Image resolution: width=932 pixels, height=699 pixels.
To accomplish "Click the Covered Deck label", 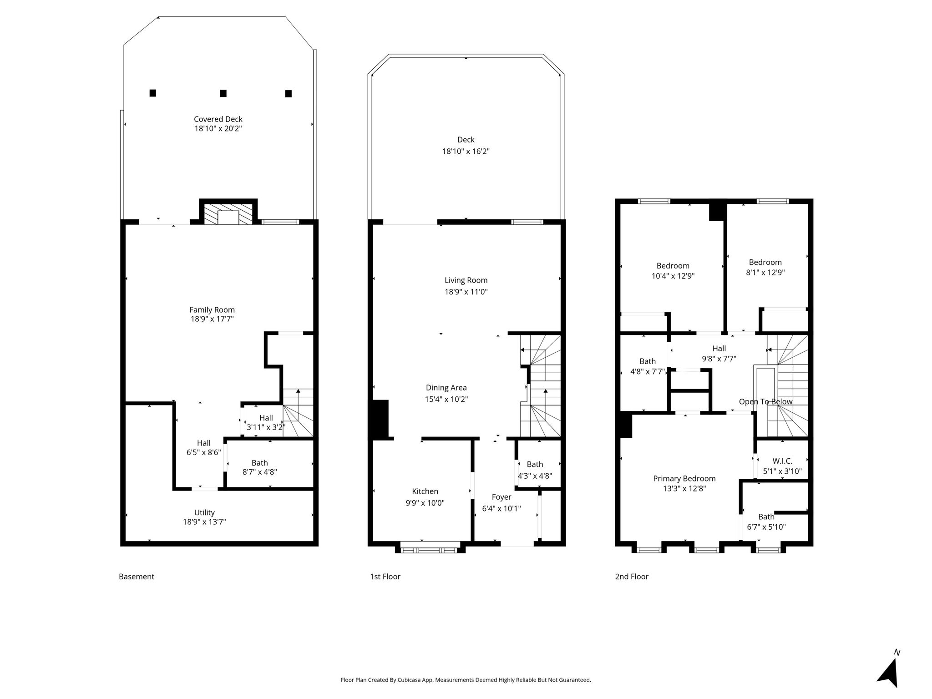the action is coord(218,119).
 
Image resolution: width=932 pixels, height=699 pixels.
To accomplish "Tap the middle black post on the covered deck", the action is coord(223,93).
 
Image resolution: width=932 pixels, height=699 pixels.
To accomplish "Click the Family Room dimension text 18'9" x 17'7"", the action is coord(212,319).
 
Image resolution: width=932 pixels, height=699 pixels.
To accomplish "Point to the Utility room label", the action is coord(204,512).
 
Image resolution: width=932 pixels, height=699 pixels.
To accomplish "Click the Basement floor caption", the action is coord(137,577).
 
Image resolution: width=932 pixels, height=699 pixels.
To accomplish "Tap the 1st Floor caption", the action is coord(385,577).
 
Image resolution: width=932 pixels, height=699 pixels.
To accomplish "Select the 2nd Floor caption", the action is coord(632,577).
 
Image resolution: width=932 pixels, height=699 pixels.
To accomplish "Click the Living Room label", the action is coord(466,280).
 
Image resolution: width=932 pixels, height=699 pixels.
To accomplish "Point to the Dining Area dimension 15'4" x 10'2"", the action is coord(446,400).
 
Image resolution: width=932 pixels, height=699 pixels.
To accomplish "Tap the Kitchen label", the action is coord(425,491).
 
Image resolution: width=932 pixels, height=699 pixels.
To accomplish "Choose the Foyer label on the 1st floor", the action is coord(501,497).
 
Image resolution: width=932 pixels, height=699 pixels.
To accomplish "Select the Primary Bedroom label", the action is coord(684,478).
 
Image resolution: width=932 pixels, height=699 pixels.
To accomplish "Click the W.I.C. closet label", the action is coord(782,461).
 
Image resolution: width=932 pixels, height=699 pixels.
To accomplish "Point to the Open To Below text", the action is coord(766,401).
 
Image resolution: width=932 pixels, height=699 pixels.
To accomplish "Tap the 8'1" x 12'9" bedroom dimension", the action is coord(765,273).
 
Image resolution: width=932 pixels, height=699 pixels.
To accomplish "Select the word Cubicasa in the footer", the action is coord(409,680).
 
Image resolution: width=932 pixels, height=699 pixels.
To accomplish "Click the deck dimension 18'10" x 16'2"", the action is coord(466,151).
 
